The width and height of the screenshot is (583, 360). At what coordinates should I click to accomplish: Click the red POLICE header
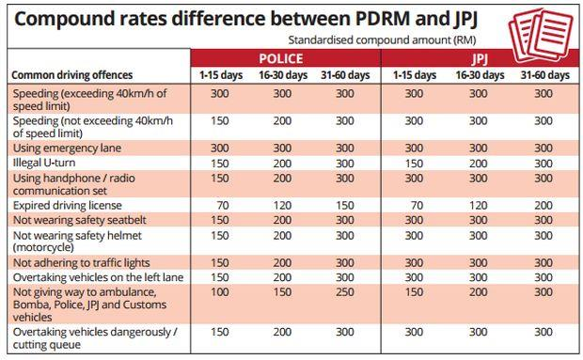click(x=281, y=58)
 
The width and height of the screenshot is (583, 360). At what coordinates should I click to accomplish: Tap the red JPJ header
click(x=480, y=59)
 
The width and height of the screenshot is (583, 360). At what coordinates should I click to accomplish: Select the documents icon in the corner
click(x=541, y=36)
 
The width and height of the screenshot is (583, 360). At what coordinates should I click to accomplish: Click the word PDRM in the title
click(x=383, y=19)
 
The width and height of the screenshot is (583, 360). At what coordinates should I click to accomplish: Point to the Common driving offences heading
click(x=72, y=75)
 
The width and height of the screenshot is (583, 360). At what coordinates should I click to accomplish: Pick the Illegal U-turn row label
click(x=44, y=163)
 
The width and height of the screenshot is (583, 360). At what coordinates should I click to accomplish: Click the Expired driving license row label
click(x=68, y=206)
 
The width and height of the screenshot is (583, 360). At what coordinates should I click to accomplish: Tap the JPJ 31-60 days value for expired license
click(x=544, y=206)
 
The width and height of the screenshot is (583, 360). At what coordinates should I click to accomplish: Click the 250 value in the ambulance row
click(x=345, y=292)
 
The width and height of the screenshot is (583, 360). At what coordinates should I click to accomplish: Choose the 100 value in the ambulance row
click(x=220, y=292)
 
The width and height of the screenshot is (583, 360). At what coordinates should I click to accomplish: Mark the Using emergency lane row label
click(x=68, y=149)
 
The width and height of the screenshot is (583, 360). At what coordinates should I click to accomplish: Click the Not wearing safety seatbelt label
click(x=80, y=220)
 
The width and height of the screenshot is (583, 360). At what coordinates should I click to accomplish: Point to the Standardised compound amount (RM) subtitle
click(x=382, y=39)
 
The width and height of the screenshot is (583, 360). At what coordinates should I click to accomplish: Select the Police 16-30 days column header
click(x=283, y=75)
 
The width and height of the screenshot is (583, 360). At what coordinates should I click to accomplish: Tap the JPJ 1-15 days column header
click(x=415, y=75)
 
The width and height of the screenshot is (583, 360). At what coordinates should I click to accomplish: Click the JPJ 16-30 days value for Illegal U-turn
click(x=478, y=164)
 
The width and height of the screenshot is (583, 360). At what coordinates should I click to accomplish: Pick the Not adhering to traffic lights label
click(x=82, y=263)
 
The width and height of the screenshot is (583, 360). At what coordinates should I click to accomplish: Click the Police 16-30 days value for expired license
click(x=282, y=206)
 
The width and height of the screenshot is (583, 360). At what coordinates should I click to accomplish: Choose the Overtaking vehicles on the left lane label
click(x=98, y=277)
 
